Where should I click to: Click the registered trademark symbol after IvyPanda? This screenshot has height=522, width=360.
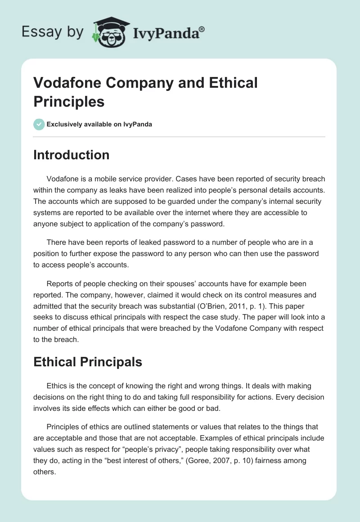[202, 29]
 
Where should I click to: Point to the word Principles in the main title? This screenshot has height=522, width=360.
[69, 101]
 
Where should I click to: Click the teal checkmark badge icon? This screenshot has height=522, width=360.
[39, 124]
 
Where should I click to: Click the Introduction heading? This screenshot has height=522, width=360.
[71, 155]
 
